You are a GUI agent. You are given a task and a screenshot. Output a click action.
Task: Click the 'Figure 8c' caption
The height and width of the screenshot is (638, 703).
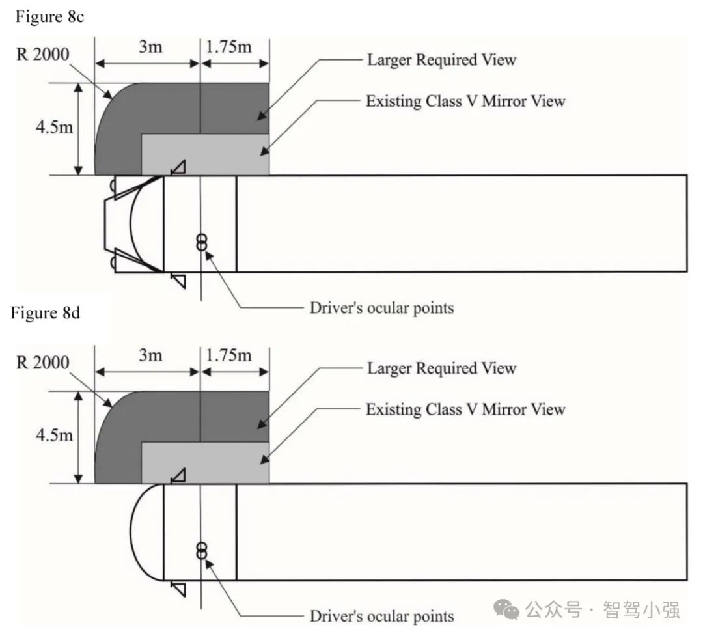point(49,17)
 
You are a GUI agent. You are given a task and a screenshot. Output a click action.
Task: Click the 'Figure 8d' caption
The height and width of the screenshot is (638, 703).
point(45,313)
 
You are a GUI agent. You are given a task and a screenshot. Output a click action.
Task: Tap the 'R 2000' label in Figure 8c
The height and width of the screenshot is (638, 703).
point(43,54)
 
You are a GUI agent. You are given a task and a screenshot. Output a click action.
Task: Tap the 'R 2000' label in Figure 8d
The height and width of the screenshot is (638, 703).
point(43,363)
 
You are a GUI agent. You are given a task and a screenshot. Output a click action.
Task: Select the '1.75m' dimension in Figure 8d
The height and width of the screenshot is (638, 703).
point(228,355)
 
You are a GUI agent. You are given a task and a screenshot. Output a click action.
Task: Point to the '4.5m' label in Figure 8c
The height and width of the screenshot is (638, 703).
point(54,126)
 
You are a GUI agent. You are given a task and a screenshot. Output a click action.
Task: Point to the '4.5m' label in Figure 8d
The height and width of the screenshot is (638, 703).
point(54,435)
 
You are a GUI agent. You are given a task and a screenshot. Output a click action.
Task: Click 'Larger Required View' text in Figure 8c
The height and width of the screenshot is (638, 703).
point(441,61)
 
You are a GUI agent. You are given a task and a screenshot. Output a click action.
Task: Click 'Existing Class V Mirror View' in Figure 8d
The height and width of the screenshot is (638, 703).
point(465,409)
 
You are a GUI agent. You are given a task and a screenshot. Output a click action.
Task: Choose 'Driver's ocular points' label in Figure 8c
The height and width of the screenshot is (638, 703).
point(381,307)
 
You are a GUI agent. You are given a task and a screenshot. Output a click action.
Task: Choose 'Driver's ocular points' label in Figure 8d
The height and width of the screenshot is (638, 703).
point(381,616)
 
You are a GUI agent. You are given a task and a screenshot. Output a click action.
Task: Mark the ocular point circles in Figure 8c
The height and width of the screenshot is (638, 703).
point(202,242)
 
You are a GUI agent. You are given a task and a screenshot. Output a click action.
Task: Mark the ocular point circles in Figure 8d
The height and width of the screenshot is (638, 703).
point(202,551)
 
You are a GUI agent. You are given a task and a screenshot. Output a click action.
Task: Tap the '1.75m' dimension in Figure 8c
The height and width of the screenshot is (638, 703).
point(228,47)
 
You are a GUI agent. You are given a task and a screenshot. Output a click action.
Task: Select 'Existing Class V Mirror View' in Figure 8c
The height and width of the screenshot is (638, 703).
point(465,101)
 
